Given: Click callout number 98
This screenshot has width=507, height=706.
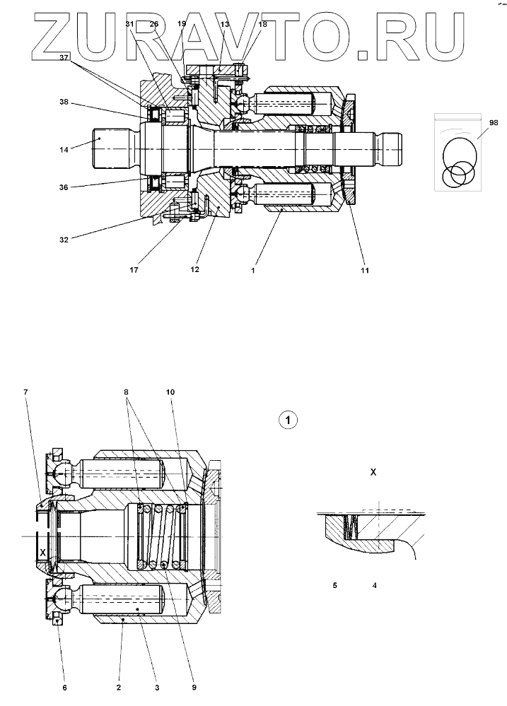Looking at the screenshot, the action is click(x=484, y=123).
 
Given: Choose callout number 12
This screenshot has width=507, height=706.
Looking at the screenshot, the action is click(x=194, y=269).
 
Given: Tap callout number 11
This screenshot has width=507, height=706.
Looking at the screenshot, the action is click(x=365, y=270).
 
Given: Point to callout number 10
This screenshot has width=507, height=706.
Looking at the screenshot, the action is click(x=170, y=392).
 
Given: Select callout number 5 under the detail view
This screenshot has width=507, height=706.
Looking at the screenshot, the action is click(x=334, y=585).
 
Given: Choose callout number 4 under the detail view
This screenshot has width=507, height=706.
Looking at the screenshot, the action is click(x=374, y=585).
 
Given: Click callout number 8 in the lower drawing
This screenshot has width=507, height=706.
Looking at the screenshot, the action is click(x=127, y=392).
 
